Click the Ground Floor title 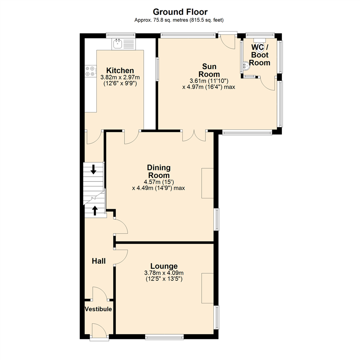(x=180, y=12)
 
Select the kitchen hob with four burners (x=89, y=71)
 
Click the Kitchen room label (x=120, y=71)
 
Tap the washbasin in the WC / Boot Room (x=246, y=66)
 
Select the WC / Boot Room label (x=260, y=55)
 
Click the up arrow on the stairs (x=95, y=210)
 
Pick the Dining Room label (x=159, y=171)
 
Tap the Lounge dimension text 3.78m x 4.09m (x=163, y=273)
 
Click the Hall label (x=99, y=261)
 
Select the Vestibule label (x=98, y=309)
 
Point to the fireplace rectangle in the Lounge (x=207, y=288)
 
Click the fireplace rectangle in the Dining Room (x=207, y=183)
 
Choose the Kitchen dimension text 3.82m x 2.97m (x=120, y=77)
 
